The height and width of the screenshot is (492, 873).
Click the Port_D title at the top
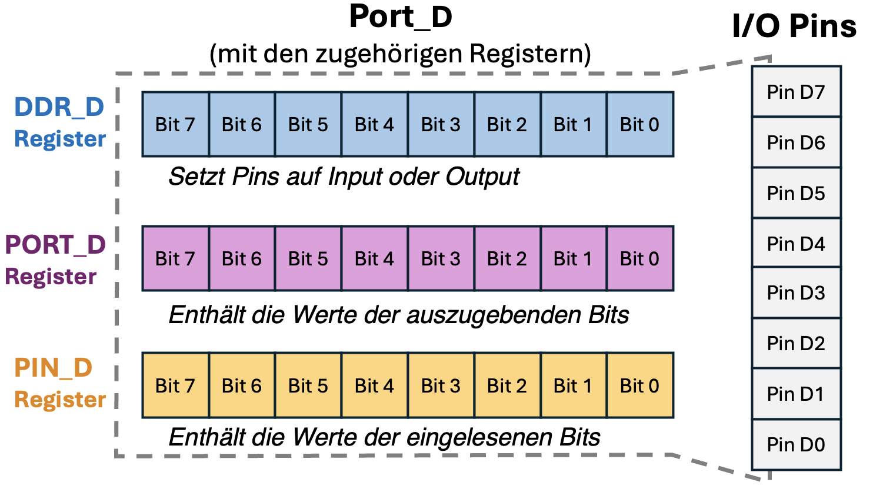(401, 16)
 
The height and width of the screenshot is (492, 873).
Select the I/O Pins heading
(794, 26)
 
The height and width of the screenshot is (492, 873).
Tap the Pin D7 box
(796, 92)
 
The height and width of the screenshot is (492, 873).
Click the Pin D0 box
(796, 444)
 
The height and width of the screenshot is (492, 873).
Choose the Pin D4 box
(796, 243)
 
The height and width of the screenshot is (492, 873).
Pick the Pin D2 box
(796, 343)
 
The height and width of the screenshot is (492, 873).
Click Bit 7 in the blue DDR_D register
(175, 124)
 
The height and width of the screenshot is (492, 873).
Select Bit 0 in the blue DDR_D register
(640, 124)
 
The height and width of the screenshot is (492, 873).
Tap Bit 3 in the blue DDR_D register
(441, 124)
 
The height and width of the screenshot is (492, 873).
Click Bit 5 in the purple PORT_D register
(308, 258)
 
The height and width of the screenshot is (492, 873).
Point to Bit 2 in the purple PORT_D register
(507, 258)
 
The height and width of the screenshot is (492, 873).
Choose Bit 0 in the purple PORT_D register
(640, 258)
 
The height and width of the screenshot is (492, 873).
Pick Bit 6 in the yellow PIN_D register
(242, 385)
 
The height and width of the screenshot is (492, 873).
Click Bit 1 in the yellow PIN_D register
(574, 385)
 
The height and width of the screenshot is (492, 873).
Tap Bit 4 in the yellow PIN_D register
(375, 385)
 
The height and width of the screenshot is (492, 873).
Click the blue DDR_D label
(59, 107)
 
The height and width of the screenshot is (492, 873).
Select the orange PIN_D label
(54, 368)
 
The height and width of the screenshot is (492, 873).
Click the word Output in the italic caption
(482, 177)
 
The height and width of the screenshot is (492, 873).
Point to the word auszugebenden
(494, 315)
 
